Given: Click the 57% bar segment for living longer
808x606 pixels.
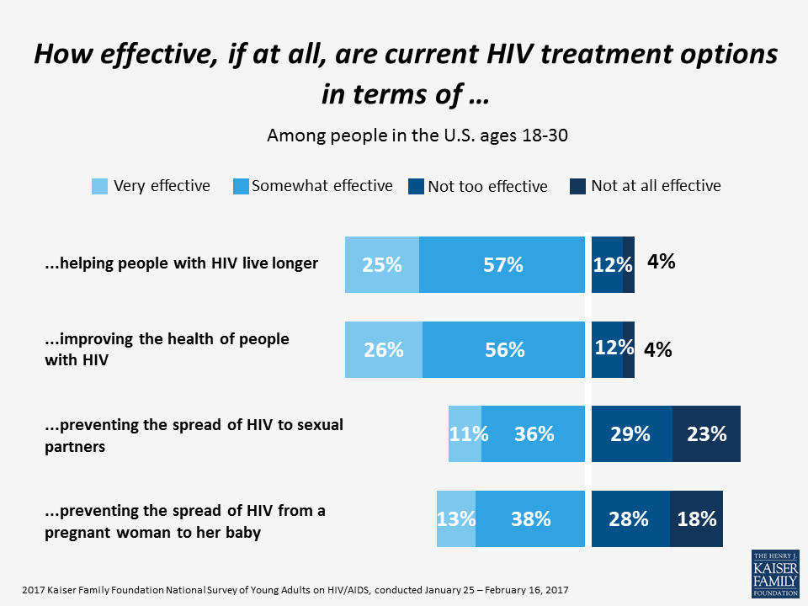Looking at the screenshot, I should click(502, 265).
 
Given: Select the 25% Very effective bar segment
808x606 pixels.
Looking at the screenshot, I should click(382, 265).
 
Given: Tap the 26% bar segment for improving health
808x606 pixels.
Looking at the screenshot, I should click(384, 349).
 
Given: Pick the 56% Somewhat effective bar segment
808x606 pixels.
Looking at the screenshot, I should click(503, 349).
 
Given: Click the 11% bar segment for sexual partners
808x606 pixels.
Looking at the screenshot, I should click(465, 433).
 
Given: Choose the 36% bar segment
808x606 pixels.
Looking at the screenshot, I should click(533, 433).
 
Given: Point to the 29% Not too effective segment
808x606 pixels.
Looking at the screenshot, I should click(631, 433).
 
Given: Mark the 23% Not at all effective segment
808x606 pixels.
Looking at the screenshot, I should click(706, 433).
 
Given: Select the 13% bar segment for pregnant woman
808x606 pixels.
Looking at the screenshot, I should click(456, 518).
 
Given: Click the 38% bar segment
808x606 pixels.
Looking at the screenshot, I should click(530, 518).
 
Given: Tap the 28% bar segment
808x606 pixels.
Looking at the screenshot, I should click(630, 518).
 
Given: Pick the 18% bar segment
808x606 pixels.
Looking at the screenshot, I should click(696, 518).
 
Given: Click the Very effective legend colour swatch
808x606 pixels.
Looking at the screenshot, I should click(99, 187).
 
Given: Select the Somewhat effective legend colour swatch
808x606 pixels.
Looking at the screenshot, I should click(239, 187).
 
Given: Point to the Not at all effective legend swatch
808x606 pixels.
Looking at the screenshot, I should click(578, 187).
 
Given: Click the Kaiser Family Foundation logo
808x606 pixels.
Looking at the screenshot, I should click(775, 573).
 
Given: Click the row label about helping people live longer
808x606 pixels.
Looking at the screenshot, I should click(181, 263).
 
